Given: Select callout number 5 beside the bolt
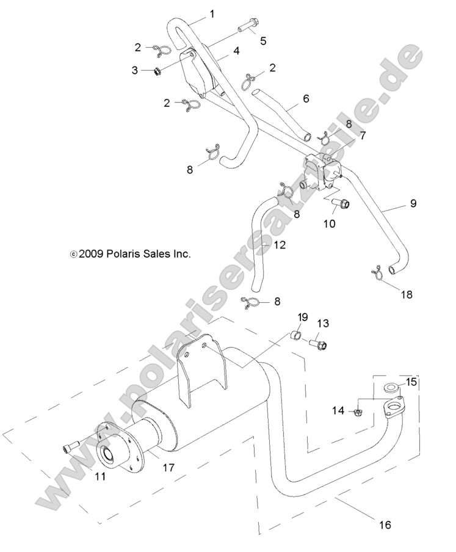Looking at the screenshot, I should tap(263, 41).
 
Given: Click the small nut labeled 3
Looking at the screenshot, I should tap(156, 71).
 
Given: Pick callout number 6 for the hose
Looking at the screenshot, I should tap(306, 98).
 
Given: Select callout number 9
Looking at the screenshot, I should tap(413, 203).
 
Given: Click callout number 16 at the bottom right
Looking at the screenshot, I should tap(385, 524).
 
